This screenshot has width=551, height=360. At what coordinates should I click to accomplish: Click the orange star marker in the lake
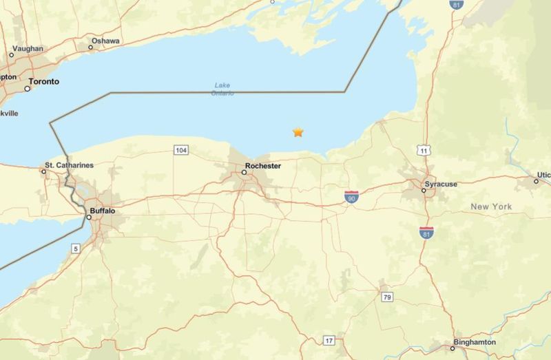click(298, 132)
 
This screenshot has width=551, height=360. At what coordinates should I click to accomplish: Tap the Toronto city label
click(43, 81)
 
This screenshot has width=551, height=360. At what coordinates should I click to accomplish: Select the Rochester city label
click(262, 166)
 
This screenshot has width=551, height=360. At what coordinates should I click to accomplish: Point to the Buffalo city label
click(102, 211)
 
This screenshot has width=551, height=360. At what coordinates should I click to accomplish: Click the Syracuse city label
click(441, 184)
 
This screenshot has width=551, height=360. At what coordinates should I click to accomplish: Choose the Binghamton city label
click(474, 342)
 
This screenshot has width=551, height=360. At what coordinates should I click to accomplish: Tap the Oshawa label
click(105, 41)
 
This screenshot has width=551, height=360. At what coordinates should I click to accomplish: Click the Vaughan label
click(28, 49)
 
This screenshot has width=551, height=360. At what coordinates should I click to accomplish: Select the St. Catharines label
click(69, 165)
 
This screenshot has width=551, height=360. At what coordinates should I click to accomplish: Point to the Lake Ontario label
click(223, 89)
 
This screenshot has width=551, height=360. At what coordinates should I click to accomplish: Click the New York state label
click(491, 207)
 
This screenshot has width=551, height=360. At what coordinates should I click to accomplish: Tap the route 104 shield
click(181, 150)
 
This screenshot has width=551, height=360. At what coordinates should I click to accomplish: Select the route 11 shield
click(424, 150)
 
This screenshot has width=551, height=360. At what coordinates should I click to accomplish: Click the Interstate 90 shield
click(351, 198)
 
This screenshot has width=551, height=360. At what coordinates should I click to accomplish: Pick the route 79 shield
click(388, 296)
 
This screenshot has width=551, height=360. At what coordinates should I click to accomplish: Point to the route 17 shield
click(329, 340)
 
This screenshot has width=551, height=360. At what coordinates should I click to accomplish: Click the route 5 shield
click(75, 248)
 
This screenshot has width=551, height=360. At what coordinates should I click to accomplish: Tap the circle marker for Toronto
click(29, 88)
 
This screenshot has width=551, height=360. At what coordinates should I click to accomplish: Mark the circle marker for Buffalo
click(89, 218)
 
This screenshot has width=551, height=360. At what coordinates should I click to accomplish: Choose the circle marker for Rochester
click(244, 173)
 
